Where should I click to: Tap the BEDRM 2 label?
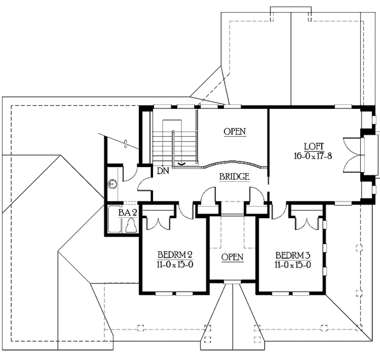175,255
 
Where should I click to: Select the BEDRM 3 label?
292,255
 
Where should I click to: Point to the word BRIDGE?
234,177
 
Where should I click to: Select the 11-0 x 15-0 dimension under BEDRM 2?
175,264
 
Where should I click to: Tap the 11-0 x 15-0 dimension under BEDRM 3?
292,265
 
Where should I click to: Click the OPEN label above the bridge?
235,131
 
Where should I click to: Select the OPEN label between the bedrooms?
232,257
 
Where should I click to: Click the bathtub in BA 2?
114,219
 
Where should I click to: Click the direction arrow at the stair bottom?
182,163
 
